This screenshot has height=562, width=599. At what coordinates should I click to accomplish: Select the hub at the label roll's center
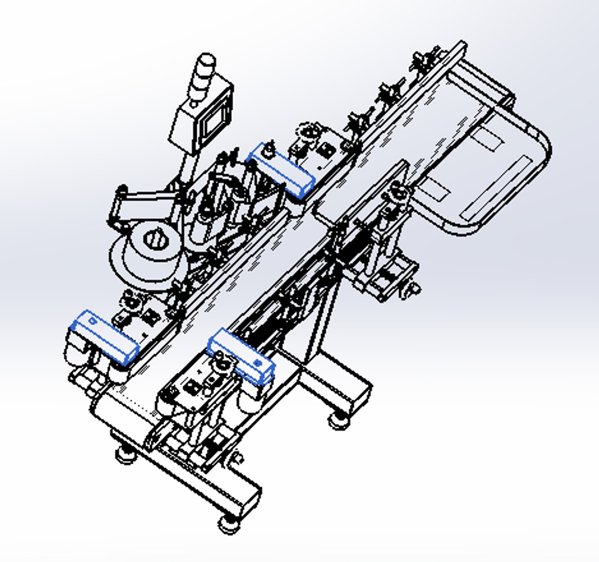(x=154, y=240)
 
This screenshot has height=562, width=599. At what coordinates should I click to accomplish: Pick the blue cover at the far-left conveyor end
(x=106, y=337)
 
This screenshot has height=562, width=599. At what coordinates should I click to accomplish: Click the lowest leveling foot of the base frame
(x=227, y=522)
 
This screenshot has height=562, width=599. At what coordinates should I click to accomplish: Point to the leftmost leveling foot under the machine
(x=124, y=455)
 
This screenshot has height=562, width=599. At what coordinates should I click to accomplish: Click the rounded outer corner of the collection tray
(x=541, y=143)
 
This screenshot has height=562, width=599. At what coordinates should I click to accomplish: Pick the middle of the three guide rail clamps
(x=388, y=93)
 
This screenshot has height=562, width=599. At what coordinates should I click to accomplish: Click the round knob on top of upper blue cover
(x=269, y=150)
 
